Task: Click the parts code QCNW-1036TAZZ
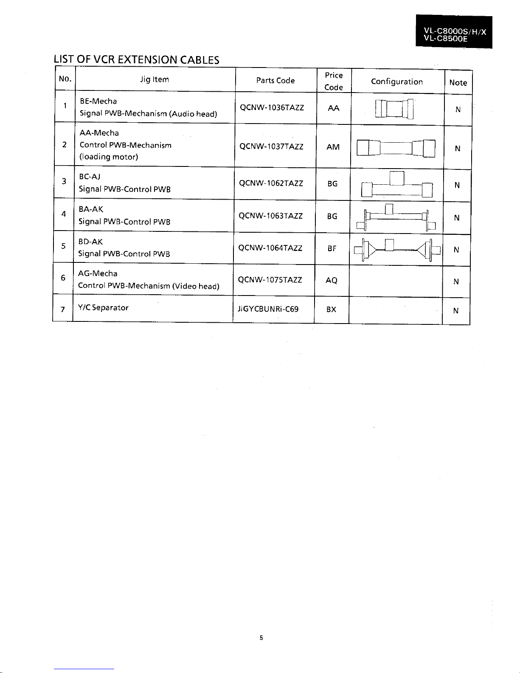[x=272, y=108]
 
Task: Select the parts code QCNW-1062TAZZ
[x=271, y=183]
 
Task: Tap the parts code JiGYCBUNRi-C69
[x=268, y=309]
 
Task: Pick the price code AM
[x=333, y=147]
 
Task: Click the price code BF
[x=332, y=248]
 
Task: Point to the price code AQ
[x=332, y=280]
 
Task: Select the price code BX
[x=331, y=310]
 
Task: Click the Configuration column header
[x=397, y=82]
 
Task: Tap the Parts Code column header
[x=275, y=80]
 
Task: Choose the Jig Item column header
[x=155, y=79]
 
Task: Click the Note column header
[x=458, y=83]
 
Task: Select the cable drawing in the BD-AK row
[x=396, y=250]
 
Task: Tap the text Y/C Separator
[x=104, y=308]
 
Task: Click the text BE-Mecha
[x=98, y=101]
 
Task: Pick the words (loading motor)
[x=109, y=157]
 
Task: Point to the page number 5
[x=261, y=638]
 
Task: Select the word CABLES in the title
[x=200, y=60]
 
